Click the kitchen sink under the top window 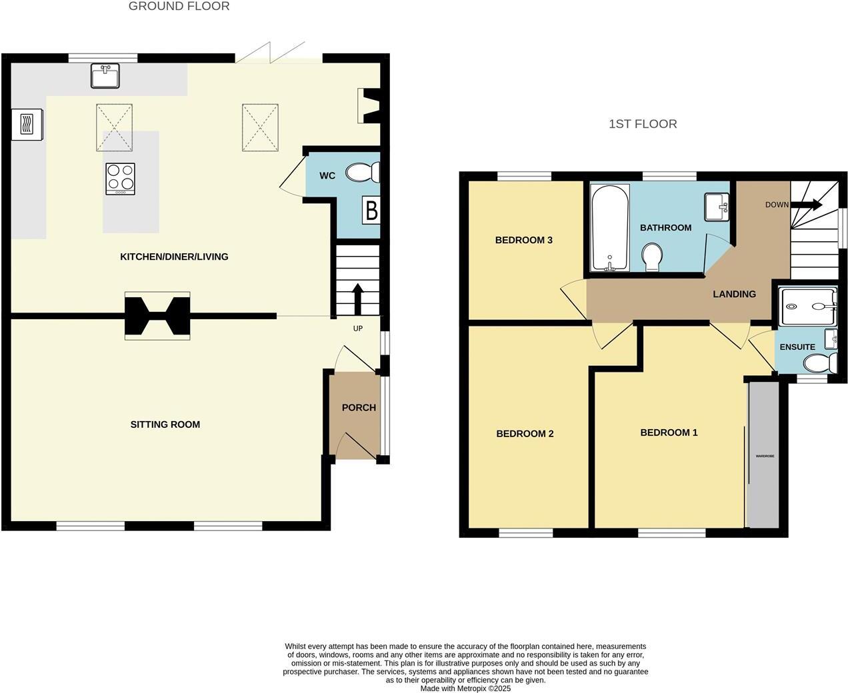coord(105,76)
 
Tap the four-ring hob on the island coord(121,179)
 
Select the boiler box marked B coord(371,211)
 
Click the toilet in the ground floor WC coord(362,173)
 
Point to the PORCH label coord(359,408)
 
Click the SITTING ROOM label coord(165,424)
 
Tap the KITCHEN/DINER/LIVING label coord(174,257)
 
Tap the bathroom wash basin coord(717,207)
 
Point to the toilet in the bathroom coord(652,257)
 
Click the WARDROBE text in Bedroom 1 coord(764,456)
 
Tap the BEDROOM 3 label coord(523,240)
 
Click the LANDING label coord(734,294)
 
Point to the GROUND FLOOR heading coord(179,7)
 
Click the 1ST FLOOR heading coord(643,124)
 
